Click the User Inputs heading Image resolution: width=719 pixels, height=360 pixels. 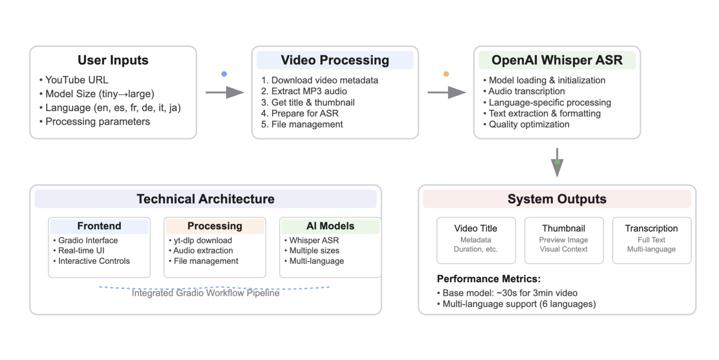[113, 60]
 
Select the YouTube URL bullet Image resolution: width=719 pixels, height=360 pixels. [76, 80]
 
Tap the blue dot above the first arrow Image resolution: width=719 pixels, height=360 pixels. [224, 74]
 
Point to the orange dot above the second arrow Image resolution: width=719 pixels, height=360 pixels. [446, 74]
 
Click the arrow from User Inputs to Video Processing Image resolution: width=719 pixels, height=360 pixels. [225, 93]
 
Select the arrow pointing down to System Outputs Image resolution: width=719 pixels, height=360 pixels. [557, 162]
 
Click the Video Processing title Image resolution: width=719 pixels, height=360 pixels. [335, 60]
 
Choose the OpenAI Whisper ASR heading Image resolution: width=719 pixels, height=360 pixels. [557, 60]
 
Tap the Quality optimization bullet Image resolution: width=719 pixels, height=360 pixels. [529, 124]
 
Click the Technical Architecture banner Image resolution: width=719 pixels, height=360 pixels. [206, 199]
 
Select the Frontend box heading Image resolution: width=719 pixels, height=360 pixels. [99, 226]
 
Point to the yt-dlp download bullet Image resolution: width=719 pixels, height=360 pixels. [202, 241]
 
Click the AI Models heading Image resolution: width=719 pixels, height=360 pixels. [330, 226]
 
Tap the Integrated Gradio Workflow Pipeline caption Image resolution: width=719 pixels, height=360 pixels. [206, 293]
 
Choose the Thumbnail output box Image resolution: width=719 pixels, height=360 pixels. [564, 240]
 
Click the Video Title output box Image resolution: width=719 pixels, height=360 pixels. [476, 240]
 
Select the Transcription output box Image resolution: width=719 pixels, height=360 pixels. [651, 240]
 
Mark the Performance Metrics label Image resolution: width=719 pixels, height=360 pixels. [489, 279]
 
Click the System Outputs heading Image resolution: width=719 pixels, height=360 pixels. [557, 199]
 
